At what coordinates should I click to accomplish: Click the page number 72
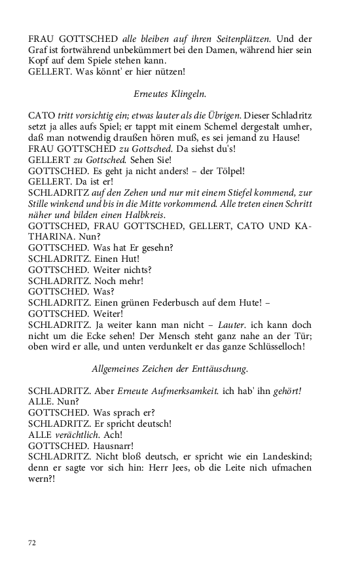[32, 543]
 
